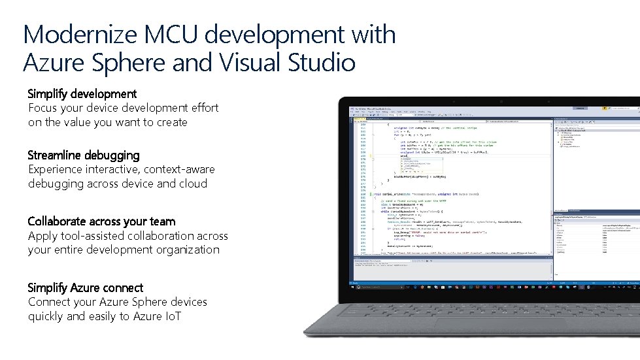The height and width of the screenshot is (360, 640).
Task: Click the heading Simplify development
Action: [82, 94]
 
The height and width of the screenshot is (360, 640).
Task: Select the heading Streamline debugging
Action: [84, 155]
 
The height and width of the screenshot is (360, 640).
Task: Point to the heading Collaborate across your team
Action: [101, 221]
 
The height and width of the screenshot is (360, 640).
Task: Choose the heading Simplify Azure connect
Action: [86, 287]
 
